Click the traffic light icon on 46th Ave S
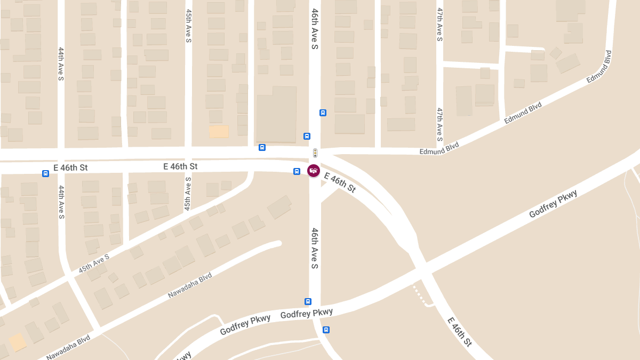coord(315,153)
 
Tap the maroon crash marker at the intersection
coord(314,171)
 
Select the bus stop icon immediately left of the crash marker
coord(297,171)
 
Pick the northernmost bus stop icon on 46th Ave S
coord(323,113)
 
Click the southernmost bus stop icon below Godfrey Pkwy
coord(326,330)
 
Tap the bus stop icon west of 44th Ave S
coord(45,173)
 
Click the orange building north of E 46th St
coord(219,132)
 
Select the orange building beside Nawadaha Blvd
coord(18,342)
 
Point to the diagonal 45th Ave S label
coord(94,264)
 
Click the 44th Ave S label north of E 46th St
coord(61,63)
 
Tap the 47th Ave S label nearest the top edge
coord(440,25)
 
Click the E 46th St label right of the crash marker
coord(340,182)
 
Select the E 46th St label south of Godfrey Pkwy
coord(460,331)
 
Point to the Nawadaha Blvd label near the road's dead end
coord(190,285)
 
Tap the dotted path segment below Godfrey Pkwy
coord(420,296)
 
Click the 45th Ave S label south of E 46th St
coord(188,193)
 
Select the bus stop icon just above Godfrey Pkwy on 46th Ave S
coord(308,301)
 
